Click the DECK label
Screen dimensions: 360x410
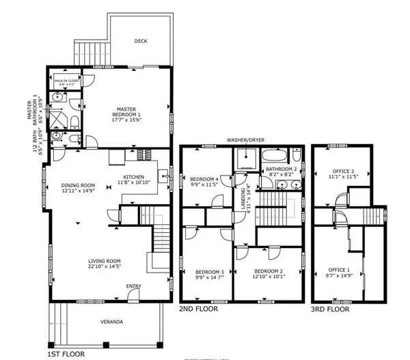pos(140,41)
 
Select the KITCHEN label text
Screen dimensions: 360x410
pos(134,176)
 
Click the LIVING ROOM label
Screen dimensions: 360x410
pos(105,260)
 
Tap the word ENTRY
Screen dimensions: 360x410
pos(135,287)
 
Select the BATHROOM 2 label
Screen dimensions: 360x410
pos(280,169)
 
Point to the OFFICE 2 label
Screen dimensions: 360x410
pos(342,171)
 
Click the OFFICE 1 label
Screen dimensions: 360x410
pos(339,270)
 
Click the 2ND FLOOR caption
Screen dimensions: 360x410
pos(199,309)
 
